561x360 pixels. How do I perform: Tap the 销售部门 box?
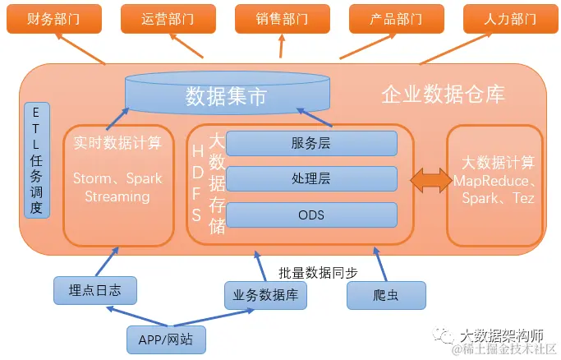282,19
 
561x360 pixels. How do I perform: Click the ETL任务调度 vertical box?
36,161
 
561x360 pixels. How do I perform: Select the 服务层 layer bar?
311,143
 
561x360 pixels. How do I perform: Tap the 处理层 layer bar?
311,178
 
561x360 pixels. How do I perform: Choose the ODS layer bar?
311,215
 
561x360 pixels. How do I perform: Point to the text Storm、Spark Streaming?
117,187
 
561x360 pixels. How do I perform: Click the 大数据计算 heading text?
493,162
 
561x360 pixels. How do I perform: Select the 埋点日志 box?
94,290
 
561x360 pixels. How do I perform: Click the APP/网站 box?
166,339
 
